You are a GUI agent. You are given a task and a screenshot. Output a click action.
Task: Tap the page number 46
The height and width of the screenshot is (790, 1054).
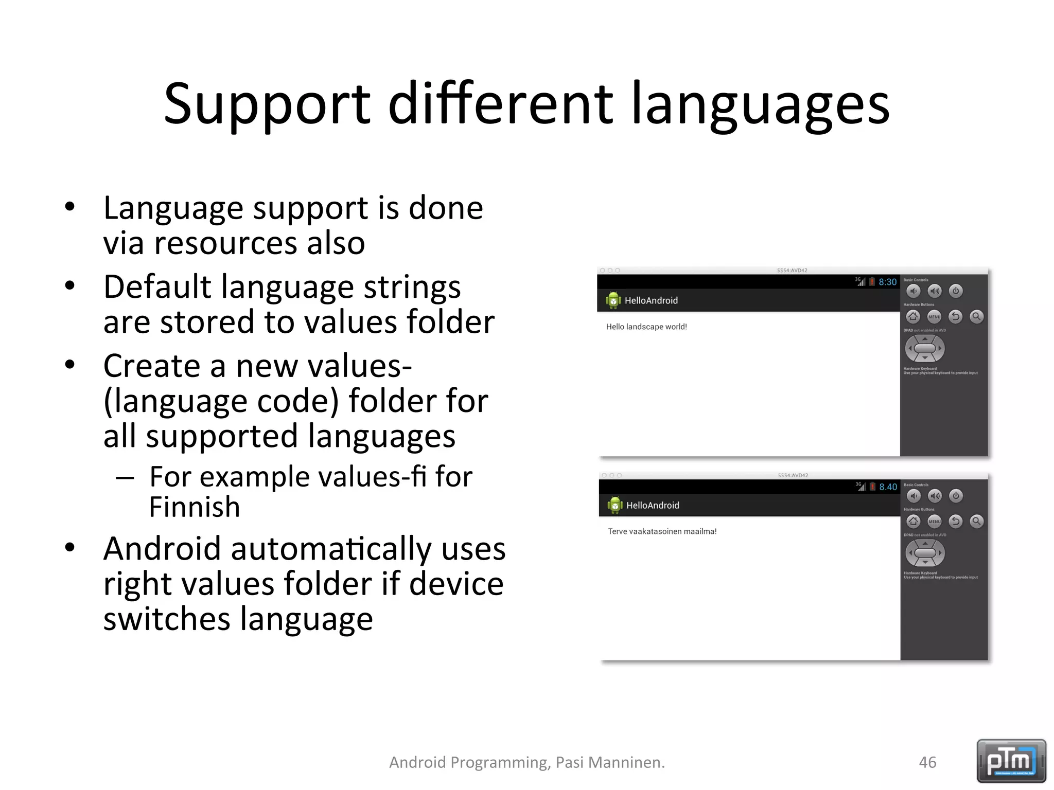(x=927, y=762)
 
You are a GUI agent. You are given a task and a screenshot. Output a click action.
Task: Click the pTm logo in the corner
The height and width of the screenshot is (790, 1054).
(x=1011, y=761)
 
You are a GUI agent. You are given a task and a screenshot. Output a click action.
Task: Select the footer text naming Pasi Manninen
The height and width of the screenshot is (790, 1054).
(x=526, y=762)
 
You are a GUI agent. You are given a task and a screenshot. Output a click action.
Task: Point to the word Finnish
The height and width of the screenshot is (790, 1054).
(x=195, y=507)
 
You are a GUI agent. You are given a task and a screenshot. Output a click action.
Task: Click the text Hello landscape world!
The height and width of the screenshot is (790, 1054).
(x=646, y=327)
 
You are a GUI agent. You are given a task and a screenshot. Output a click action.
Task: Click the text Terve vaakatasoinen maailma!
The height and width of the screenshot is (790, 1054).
(x=662, y=531)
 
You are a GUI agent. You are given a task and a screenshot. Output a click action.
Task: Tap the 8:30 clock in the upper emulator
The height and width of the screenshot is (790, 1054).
(x=887, y=282)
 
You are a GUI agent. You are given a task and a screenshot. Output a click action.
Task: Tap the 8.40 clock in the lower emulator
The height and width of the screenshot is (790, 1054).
(x=888, y=487)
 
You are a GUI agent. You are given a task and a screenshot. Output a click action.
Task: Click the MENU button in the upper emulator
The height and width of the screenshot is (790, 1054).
(x=934, y=317)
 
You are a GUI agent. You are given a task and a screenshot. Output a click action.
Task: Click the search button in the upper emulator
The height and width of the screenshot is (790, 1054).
(x=976, y=317)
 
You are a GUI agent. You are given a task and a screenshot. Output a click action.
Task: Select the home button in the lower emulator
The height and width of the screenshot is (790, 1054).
(x=913, y=522)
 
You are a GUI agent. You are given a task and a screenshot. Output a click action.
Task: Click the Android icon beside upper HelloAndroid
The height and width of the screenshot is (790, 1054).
(x=613, y=300)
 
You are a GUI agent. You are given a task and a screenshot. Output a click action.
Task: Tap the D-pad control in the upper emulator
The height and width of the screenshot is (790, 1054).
(x=925, y=349)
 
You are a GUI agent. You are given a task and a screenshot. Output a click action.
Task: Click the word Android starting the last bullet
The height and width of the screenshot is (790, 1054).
(x=162, y=549)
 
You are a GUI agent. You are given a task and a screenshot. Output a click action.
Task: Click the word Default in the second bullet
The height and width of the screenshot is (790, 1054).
(x=157, y=286)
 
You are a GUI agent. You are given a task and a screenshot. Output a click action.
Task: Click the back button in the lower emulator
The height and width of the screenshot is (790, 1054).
(x=956, y=522)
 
